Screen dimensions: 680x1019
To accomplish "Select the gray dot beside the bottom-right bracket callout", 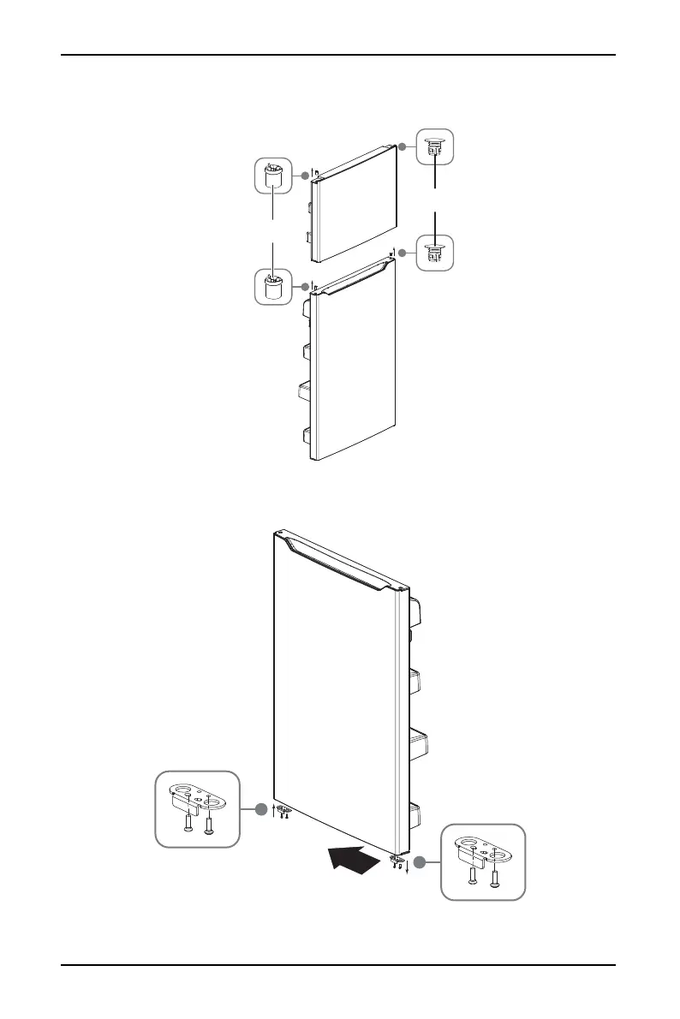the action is pyautogui.click(x=420, y=861).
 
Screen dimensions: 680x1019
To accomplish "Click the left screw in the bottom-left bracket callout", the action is pyautogui.click(x=188, y=821).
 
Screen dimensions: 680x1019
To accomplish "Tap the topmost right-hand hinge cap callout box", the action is pyautogui.click(x=436, y=146).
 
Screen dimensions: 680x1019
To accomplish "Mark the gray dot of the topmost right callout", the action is pyautogui.click(x=403, y=146).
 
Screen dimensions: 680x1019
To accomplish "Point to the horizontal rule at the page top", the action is pyautogui.click(x=340, y=56).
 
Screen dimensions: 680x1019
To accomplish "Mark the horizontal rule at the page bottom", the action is pyautogui.click(x=340, y=966).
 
